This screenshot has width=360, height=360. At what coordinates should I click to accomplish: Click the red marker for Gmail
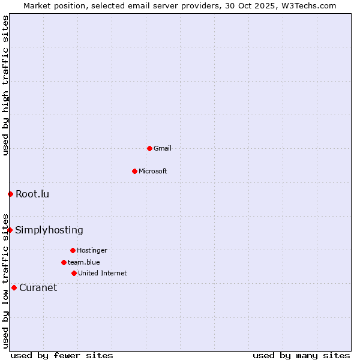coord(149,148)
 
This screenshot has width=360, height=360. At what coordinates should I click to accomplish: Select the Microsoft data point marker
coord(134,171)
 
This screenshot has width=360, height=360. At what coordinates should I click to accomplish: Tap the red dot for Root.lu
coord(10,194)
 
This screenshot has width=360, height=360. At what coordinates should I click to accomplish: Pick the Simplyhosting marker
coord(10,230)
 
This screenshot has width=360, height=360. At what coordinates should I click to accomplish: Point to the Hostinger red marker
coord(73,250)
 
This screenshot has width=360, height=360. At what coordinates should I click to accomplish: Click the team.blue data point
coord(64,262)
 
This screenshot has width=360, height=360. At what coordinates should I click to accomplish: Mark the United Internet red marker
coord(74,273)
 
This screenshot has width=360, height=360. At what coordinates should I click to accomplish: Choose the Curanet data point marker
coord(14,287)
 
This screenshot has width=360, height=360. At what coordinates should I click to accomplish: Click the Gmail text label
coord(163,148)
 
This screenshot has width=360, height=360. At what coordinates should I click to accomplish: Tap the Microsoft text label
coord(153,171)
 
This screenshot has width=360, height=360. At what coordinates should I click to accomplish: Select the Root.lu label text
coord(32,194)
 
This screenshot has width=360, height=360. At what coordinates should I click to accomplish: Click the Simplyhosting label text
coord(49,230)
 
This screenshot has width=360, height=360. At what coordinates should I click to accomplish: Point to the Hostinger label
coord(92,250)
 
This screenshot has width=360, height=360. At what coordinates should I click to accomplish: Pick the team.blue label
coord(84,262)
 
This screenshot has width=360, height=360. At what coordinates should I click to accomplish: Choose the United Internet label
coord(103,273)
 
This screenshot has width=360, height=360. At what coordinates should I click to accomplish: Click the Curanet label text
coord(38,287)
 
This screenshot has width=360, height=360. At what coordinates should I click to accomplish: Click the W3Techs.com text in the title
coord(307,5)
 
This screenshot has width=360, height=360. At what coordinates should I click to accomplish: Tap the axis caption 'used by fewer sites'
coord(62,355)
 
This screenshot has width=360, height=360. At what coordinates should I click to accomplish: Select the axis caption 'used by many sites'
coord(301,355)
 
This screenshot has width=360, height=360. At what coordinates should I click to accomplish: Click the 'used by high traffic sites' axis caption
coord(5,85)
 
